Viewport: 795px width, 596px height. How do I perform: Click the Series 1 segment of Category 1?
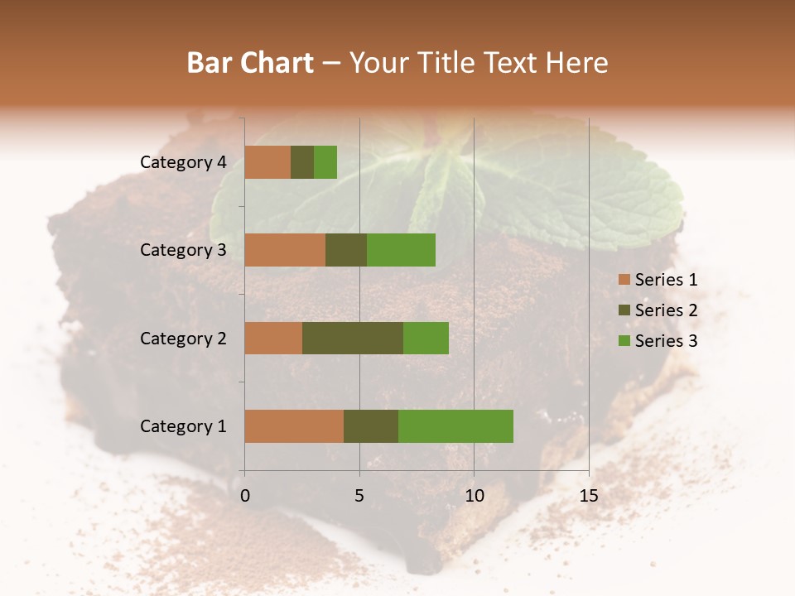(x=294, y=426)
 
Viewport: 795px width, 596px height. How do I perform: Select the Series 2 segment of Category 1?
(x=371, y=426)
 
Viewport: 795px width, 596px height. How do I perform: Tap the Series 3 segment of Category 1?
(x=455, y=426)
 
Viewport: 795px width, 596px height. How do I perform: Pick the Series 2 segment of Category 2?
(x=353, y=338)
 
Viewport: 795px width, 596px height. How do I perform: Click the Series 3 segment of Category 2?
(x=426, y=338)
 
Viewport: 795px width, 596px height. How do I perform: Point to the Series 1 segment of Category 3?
(x=285, y=250)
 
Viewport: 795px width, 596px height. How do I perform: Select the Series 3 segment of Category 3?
(x=401, y=250)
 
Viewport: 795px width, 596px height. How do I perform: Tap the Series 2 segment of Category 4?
(x=302, y=162)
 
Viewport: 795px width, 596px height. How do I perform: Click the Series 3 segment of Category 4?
(x=325, y=162)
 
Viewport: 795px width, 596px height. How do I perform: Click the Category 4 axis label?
(x=183, y=162)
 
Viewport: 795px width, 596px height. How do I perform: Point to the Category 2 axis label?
(x=183, y=338)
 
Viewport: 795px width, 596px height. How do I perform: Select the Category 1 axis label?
(x=183, y=426)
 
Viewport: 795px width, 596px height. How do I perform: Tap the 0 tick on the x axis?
(x=245, y=496)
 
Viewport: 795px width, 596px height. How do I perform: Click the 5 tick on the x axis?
(x=359, y=496)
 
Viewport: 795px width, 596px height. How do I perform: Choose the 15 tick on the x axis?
(x=588, y=496)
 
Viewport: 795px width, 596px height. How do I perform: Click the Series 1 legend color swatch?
(x=624, y=280)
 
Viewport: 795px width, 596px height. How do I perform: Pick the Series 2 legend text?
(x=666, y=310)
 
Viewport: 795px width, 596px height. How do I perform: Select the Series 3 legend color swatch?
(x=624, y=341)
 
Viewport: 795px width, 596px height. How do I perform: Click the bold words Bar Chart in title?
(x=250, y=63)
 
